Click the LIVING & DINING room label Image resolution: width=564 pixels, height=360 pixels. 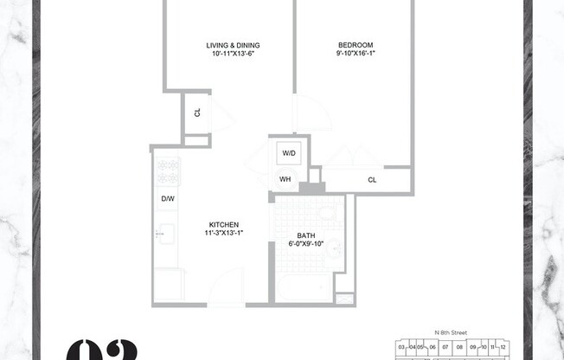pos(233,45)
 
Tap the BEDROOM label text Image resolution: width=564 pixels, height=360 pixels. pos(356,45)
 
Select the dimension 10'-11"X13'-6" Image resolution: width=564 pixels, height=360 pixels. pos(233,54)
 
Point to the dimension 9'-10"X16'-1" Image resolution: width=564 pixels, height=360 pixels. pos(356,54)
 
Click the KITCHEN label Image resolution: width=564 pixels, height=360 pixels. pos(223,224)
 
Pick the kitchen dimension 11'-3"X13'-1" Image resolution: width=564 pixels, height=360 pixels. pos(223,233)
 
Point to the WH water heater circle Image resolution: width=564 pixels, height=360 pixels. pos(285,180)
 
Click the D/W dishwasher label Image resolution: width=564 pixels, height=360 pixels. pos(167,199)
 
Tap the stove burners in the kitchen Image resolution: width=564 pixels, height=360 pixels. pos(167,170)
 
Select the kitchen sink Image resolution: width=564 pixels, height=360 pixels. pos(166,233)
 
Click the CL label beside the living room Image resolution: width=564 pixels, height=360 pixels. pos(197,112)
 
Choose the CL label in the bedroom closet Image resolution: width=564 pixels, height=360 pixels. pos(372,180)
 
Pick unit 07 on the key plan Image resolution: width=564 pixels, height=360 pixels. pos(445,347)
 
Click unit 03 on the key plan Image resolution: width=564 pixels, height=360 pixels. pos(401,347)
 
